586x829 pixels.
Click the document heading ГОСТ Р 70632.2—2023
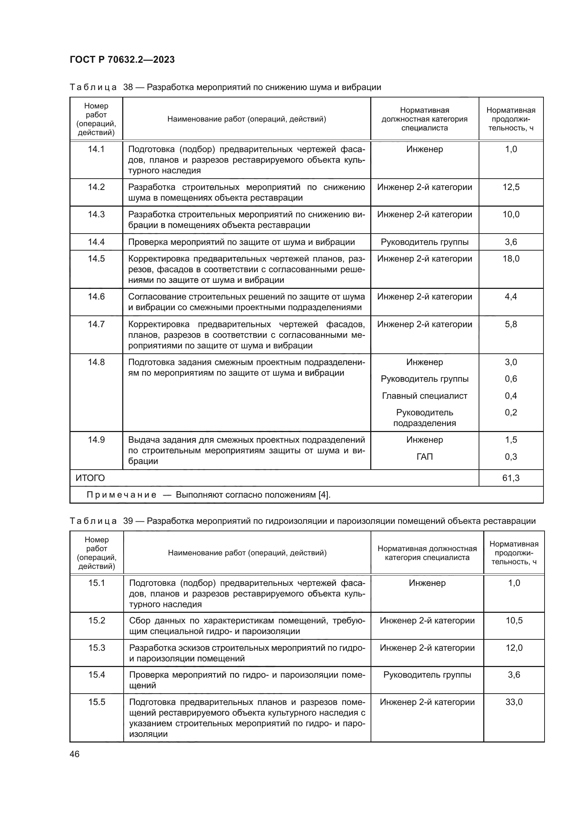click(x=122, y=60)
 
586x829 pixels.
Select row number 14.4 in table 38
click(x=96, y=242)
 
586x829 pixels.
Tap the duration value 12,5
click(x=511, y=187)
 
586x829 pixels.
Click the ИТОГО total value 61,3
click(x=511, y=478)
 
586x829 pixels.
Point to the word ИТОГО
click(x=90, y=478)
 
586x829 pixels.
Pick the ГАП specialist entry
click(x=424, y=457)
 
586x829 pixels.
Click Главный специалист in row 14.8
click(x=424, y=396)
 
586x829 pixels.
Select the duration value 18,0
click(x=511, y=258)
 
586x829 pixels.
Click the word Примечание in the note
click(x=122, y=495)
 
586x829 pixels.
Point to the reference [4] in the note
click(x=324, y=495)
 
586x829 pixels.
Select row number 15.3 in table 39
click(x=97, y=648)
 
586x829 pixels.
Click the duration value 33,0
click(x=514, y=702)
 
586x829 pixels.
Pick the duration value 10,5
click(x=514, y=620)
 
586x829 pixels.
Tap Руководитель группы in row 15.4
click(x=427, y=674)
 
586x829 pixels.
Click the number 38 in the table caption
click(x=128, y=88)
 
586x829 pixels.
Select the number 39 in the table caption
click(x=128, y=521)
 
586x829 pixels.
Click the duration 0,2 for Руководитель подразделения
click(x=511, y=412)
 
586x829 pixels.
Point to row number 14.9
click(x=96, y=440)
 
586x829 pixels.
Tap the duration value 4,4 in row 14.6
click(x=511, y=296)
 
